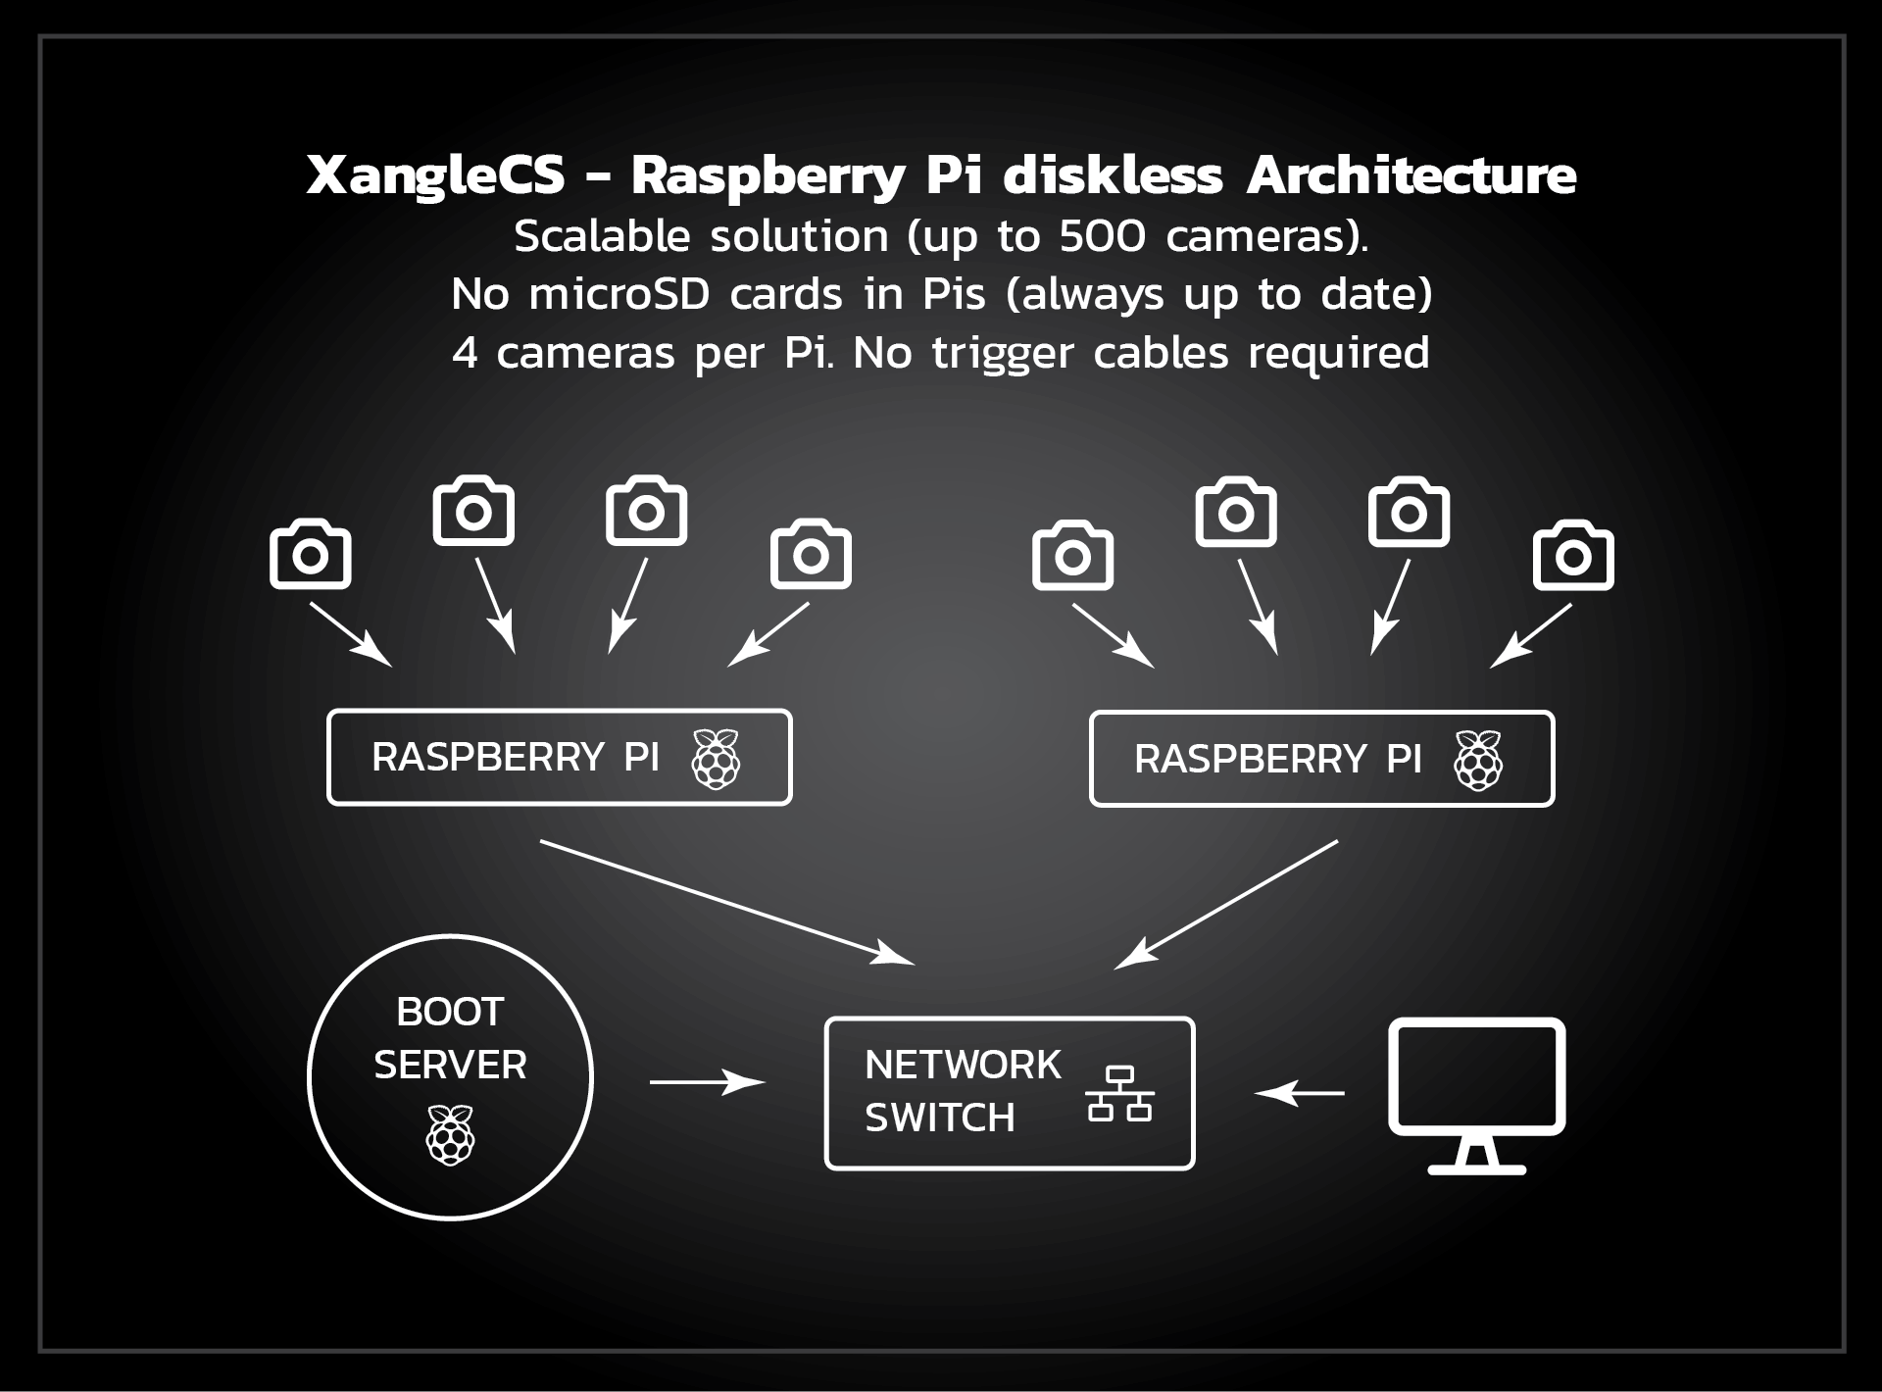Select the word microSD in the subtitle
[x=619, y=294]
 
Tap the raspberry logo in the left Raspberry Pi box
[x=717, y=759]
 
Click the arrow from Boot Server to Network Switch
[x=707, y=1082]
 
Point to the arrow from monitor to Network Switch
[x=1300, y=1092]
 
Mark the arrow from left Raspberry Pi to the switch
[x=726, y=902]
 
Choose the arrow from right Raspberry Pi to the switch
[x=1226, y=904]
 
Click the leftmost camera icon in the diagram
[x=310, y=555]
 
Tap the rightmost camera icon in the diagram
[x=1572, y=556]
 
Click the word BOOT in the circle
[x=450, y=1012]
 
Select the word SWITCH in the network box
[x=939, y=1119]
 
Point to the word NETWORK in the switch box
[x=963, y=1066]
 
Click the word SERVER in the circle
[x=450, y=1065]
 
